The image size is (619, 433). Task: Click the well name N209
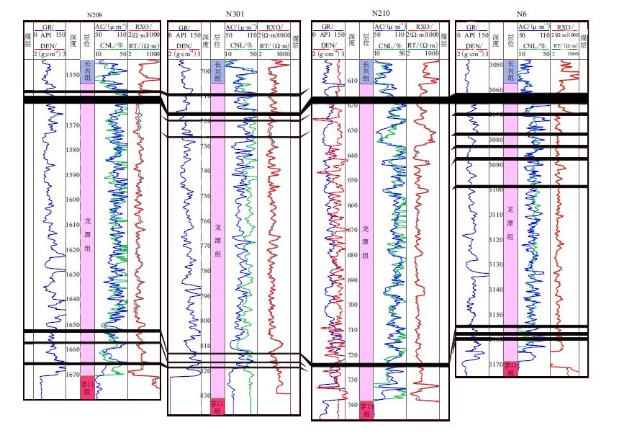tap(94, 15)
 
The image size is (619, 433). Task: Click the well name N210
tap(381, 13)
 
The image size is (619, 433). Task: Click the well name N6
tap(521, 14)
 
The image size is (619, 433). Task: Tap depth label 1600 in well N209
tap(73, 200)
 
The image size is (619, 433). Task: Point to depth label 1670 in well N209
tap(73, 375)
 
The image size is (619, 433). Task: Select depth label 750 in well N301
tap(206, 196)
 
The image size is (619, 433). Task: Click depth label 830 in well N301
tap(206, 396)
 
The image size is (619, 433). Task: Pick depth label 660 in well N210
tap(352, 205)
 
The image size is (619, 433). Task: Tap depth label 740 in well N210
tap(352, 405)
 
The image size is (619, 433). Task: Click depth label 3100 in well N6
tap(496, 189)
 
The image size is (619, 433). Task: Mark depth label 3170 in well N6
tap(496, 365)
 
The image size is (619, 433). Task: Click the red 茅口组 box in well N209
tap(87, 387)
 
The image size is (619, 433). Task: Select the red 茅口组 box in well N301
tap(218, 406)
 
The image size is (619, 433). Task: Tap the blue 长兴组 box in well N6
tap(510, 71)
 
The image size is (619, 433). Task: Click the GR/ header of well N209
tap(48, 25)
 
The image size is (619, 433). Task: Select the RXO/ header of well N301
tap(278, 25)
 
